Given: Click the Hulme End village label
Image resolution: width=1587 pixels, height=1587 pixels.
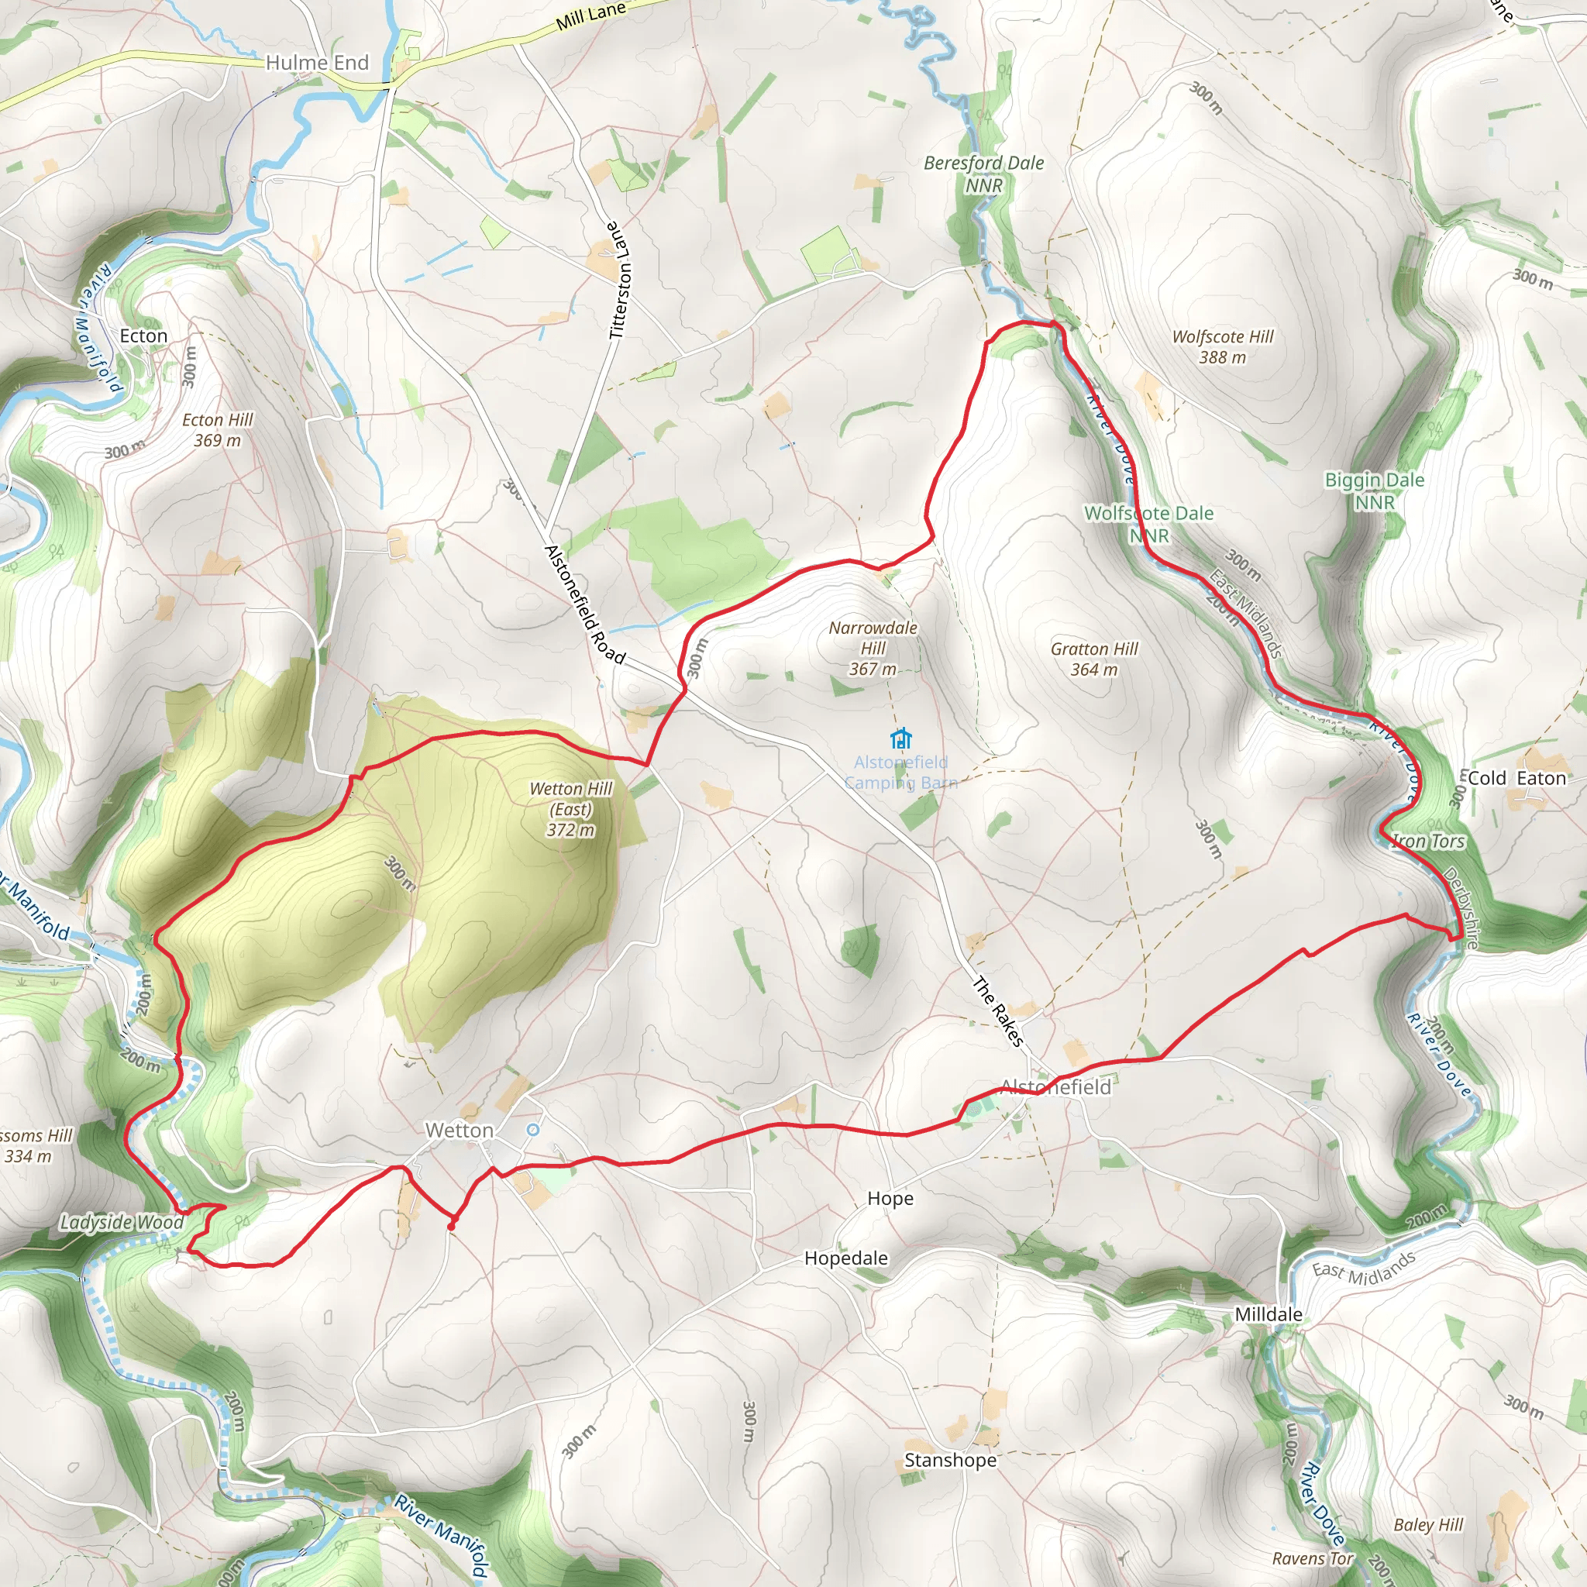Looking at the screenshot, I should (317, 63).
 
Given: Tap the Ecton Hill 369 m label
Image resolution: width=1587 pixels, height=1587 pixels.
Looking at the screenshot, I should (218, 429).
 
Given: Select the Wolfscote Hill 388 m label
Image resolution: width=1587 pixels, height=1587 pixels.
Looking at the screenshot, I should (1222, 346).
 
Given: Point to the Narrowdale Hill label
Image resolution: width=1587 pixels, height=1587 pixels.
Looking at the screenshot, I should (873, 648).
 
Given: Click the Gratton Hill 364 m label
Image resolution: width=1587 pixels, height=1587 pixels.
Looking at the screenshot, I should (1094, 659).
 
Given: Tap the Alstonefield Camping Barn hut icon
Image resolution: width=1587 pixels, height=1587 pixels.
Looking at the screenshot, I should (901, 738).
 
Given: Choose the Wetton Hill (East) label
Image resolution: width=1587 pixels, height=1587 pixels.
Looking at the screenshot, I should (571, 808).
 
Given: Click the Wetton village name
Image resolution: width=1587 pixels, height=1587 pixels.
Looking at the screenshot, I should (460, 1131).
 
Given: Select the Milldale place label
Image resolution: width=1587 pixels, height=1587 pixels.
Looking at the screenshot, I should (1269, 1314).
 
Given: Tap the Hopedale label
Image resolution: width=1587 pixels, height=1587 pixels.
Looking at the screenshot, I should (846, 1258).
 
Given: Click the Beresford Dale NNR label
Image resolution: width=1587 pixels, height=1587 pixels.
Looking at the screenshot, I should (984, 174).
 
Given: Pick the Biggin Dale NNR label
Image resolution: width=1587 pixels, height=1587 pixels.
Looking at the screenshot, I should (1374, 491).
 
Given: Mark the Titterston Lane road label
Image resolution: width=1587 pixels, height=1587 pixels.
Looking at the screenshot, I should (620, 279).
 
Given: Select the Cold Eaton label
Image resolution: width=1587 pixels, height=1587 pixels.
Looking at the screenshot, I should (1516, 778).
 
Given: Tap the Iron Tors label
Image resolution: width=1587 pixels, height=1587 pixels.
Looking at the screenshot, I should (1427, 841).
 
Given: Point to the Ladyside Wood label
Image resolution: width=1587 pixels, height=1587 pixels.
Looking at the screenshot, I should (122, 1221).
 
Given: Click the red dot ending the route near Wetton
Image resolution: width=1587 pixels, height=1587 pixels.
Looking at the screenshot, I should (451, 1227).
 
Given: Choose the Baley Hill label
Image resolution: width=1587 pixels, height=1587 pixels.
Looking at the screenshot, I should (1428, 1524).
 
